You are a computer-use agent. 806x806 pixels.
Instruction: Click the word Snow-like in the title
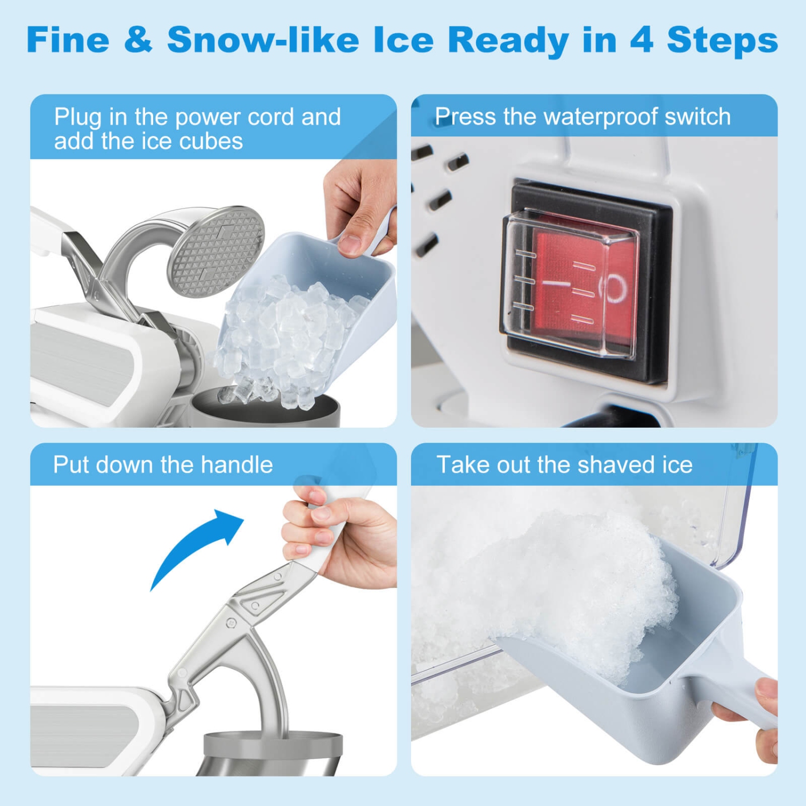[263, 40]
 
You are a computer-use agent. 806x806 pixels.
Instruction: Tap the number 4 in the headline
[641, 40]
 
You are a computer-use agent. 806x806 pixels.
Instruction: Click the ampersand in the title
[138, 40]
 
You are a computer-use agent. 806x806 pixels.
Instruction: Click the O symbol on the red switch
[616, 288]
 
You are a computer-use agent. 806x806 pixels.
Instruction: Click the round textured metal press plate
[216, 250]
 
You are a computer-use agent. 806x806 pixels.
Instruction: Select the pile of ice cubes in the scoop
[285, 333]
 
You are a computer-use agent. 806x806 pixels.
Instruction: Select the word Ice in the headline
[403, 40]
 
